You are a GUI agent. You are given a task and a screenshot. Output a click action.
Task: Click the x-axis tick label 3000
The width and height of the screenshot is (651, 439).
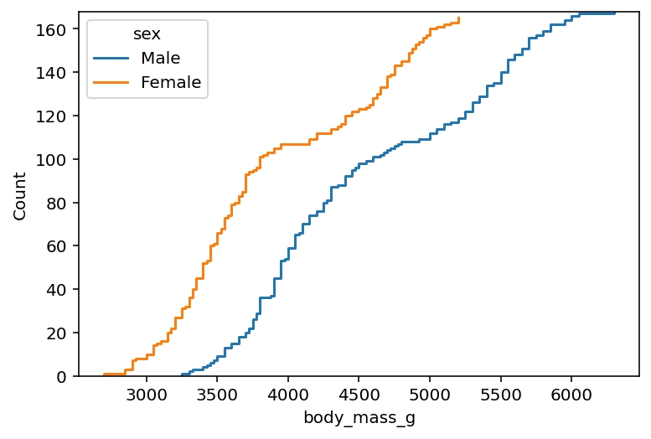tap(147, 394)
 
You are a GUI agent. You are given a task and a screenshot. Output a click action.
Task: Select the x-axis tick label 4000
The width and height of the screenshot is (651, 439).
tap(288, 394)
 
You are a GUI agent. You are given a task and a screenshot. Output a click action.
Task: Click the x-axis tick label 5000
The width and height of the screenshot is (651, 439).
tap(430, 394)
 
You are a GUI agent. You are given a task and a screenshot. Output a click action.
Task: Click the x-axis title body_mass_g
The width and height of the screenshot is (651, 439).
tap(359, 418)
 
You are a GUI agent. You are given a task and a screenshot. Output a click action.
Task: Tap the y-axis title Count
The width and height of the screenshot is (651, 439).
tap(20, 194)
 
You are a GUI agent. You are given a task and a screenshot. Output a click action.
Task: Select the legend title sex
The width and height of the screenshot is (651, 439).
tap(147, 34)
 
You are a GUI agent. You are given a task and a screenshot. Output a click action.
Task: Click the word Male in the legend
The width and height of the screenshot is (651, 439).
tap(161, 58)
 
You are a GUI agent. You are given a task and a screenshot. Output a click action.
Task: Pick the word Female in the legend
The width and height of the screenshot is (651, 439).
tap(171, 82)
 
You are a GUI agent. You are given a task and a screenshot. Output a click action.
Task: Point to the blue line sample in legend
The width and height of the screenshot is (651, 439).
tap(111, 58)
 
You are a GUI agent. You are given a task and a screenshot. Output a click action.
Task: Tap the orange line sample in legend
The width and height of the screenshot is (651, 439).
tap(111, 82)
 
